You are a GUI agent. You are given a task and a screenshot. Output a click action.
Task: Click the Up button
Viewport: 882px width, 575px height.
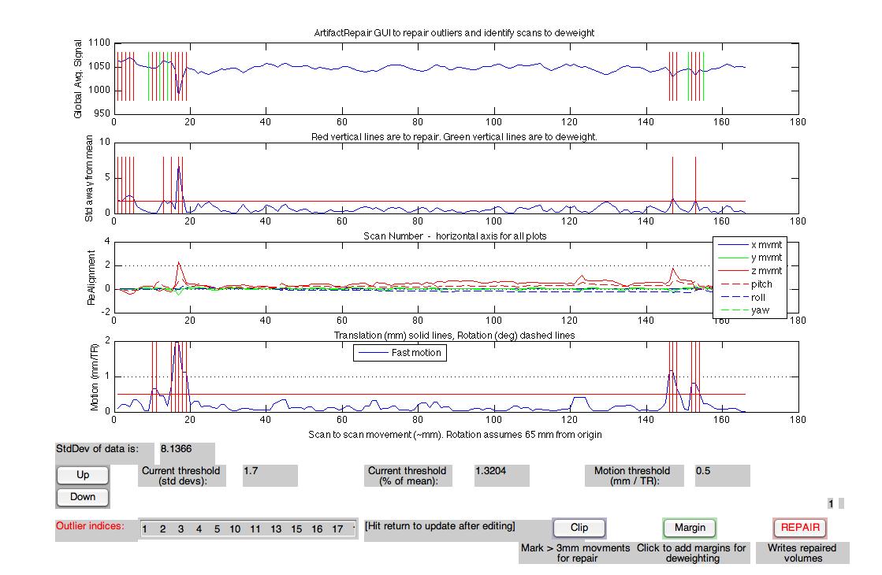(x=83, y=475)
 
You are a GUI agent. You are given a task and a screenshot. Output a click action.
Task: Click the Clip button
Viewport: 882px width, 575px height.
(x=579, y=528)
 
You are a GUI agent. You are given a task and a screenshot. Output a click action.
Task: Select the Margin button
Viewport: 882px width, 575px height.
(x=690, y=528)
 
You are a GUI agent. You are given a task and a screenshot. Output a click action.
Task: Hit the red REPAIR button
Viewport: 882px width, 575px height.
(x=800, y=528)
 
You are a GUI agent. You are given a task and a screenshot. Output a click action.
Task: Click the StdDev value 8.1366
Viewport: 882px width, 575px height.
(x=187, y=449)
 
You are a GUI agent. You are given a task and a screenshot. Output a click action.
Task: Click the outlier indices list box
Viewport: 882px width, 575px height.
(x=247, y=529)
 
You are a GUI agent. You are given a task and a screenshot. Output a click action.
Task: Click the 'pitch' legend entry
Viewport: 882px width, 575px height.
(x=761, y=284)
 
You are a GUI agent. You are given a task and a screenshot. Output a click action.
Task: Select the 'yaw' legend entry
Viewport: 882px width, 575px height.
(x=760, y=310)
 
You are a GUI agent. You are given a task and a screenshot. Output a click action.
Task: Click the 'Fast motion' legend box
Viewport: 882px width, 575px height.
(x=400, y=353)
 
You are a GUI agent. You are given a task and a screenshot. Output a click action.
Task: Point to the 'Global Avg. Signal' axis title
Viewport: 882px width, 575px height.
(x=78, y=78)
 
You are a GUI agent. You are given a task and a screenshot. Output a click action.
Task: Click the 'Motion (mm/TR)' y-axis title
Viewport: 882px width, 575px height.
(x=95, y=377)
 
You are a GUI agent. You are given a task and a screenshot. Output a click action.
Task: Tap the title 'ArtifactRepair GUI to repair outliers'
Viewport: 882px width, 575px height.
(x=454, y=32)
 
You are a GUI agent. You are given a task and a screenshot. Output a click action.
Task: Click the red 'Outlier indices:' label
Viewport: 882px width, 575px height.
(x=90, y=525)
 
